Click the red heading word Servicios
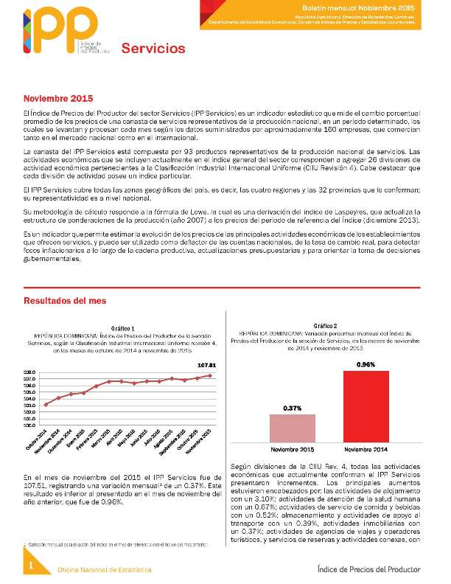tap(153, 49)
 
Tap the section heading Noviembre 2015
tap(58, 98)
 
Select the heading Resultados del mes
tap(65, 301)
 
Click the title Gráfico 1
tap(122, 328)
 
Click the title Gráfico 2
tap(325, 325)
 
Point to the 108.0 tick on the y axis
tap(30, 373)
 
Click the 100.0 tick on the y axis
tap(30, 425)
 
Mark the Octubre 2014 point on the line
tap(46, 405)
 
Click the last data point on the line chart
tap(211, 375)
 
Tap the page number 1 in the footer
tap(31, 565)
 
